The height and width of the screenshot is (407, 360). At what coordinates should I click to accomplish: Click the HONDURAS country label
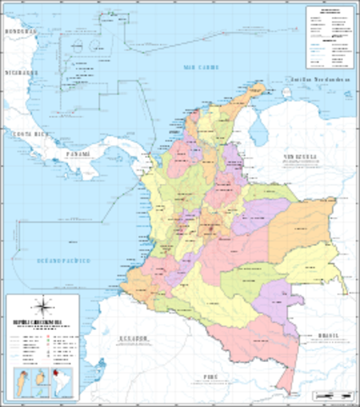click(x=21, y=31)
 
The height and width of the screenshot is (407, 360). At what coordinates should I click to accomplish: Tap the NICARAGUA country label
click(x=20, y=73)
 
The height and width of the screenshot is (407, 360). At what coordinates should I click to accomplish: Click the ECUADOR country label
click(x=130, y=337)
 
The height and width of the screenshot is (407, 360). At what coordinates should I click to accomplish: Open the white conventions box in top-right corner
click(x=329, y=38)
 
